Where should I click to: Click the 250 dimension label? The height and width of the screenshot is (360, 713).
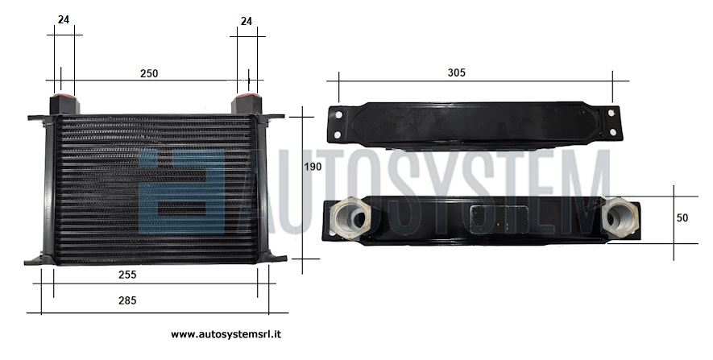(149, 73)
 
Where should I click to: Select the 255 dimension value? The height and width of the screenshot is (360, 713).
(127, 275)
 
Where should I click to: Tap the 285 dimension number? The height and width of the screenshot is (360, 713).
(127, 300)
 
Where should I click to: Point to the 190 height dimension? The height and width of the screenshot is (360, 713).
(313, 167)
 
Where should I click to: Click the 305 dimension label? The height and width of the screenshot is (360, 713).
(457, 72)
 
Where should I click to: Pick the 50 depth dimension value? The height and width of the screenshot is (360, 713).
(682, 218)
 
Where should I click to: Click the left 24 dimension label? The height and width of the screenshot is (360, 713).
(64, 19)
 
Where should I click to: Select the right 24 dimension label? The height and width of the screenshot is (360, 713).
(247, 22)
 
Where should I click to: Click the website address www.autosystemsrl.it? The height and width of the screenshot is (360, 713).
(226, 334)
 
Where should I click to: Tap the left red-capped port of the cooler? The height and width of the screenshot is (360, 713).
(64, 103)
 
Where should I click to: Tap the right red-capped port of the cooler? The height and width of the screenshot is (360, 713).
(247, 103)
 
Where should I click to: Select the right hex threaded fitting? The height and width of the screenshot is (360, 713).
(620, 217)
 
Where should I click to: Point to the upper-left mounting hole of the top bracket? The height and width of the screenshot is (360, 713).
(338, 115)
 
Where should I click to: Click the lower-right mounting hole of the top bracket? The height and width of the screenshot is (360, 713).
(612, 132)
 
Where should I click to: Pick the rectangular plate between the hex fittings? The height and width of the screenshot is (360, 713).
(499, 219)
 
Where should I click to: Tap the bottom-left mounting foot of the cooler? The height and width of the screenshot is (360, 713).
(39, 260)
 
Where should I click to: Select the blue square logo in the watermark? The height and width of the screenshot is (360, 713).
(182, 191)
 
